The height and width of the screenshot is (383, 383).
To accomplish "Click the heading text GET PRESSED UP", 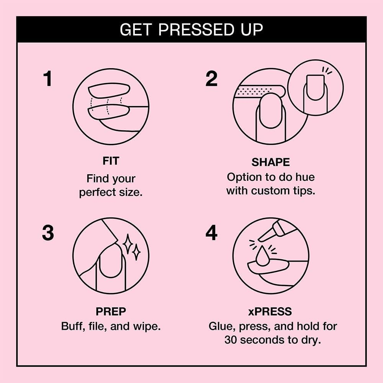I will [191, 29].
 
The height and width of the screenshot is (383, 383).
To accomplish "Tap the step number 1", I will [47, 79].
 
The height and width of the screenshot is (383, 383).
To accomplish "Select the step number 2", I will [211, 79].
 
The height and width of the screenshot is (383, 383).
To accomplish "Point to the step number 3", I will [48, 233].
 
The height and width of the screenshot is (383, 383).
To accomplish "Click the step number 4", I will [211, 233].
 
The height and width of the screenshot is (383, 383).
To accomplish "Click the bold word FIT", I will [111, 161].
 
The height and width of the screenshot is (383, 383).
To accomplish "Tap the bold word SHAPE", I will [270, 162].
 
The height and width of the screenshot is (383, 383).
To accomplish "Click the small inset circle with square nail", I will [315, 88].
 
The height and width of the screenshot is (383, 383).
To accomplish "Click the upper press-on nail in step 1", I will [110, 90].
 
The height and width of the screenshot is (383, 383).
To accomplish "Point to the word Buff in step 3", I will [72, 327].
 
